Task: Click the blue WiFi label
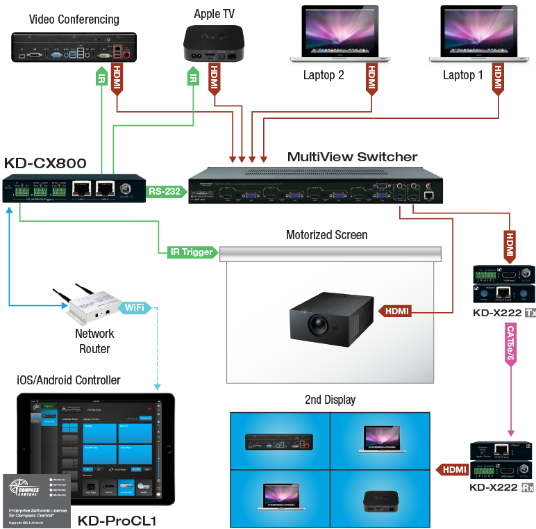click(x=135, y=307)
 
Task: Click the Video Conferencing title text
click(x=74, y=19)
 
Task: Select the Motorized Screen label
click(x=327, y=235)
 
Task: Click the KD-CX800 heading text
click(x=46, y=164)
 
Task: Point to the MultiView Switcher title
click(x=353, y=157)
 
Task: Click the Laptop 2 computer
click(x=340, y=38)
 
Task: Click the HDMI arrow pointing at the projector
click(x=394, y=311)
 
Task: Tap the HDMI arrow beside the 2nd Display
click(x=453, y=471)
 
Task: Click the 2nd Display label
click(x=330, y=400)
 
